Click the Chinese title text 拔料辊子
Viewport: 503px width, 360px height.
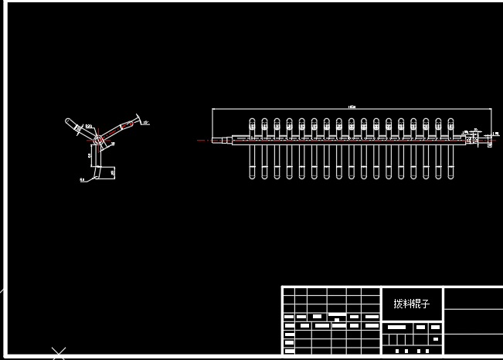pyautogui.click(x=411, y=304)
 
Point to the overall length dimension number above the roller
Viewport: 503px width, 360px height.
pyautogui.click(x=352, y=107)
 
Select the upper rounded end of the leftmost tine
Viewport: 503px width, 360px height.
pyautogui.click(x=252, y=121)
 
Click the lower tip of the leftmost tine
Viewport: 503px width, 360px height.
pyautogui.click(x=252, y=177)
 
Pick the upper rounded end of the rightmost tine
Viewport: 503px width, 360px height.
pyautogui.click(x=450, y=121)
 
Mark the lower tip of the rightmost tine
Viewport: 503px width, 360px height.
pyautogui.click(x=450, y=177)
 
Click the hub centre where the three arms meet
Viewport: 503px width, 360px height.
pyautogui.click(x=98, y=140)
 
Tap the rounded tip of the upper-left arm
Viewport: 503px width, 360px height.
pyautogui.click(x=69, y=121)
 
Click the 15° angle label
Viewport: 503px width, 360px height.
pyautogui.click(x=145, y=122)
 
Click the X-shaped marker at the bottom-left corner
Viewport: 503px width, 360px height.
pyautogui.click(x=59, y=354)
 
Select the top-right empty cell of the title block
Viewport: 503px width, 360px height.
pyautogui.click(x=474, y=297)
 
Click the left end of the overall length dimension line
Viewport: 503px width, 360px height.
pyautogui.click(x=212, y=110)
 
